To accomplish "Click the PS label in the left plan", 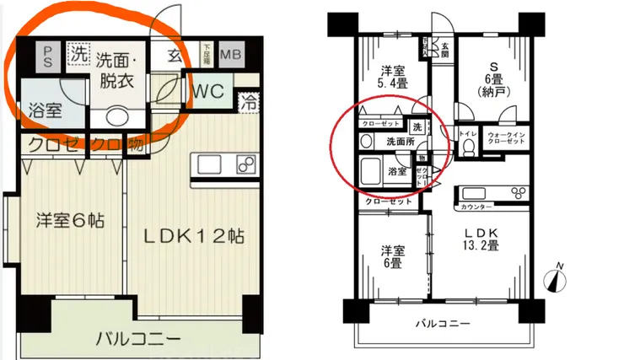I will click(48, 57).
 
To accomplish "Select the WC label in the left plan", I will click(207, 91).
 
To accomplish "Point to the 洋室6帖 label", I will click(70, 222).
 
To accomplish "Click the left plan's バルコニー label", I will click(137, 339).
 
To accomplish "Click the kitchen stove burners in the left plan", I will click(242, 164).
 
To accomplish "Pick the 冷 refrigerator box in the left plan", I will click(250, 105).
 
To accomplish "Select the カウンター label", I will click(477, 206).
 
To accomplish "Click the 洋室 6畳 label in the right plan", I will click(388, 257).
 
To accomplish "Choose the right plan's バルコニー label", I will click(444, 323).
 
